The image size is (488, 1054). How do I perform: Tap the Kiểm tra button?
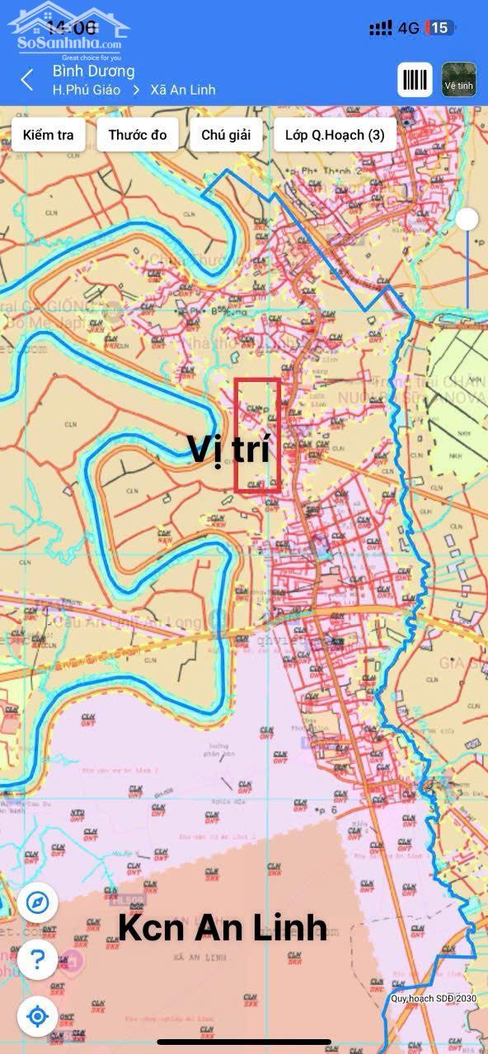[x=48, y=135]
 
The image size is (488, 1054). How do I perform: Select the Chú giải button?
[x=220, y=135]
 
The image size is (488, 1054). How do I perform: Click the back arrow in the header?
[x=27, y=80]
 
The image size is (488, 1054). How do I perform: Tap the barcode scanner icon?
[x=415, y=79]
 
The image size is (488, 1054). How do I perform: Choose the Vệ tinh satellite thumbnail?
[x=459, y=79]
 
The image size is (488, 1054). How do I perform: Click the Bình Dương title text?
[x=93, y=71]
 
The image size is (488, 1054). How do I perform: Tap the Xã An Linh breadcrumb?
[x=182, y=90]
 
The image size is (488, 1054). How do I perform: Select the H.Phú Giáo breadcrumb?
[x=87, y=90]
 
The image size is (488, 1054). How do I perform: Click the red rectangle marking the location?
[x=257, y=436]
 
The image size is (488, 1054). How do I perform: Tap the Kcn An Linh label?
[x=223, y=928]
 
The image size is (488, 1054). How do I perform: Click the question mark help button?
[x=37, y=958]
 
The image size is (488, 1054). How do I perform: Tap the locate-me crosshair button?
[x=37, y=1016]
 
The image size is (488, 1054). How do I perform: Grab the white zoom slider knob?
[x=467, y=218]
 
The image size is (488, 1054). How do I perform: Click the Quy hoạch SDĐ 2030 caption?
[x=434, y=999]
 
